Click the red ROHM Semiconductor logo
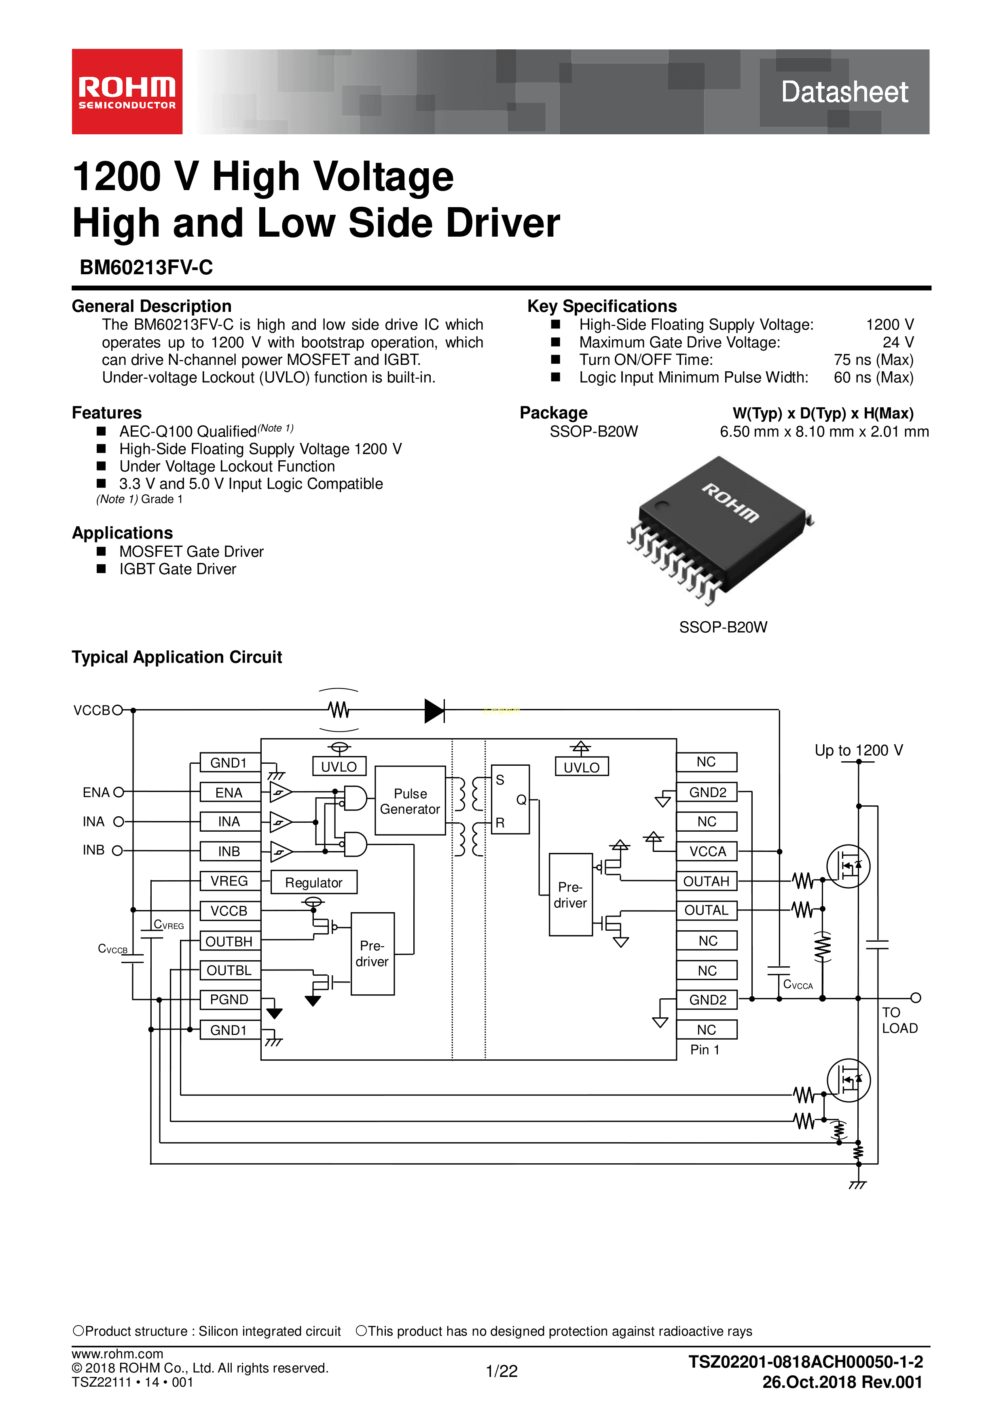(127, 91)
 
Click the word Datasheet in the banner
(844, 92)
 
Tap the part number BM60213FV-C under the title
(146, 268)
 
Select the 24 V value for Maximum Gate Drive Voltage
(897, 342)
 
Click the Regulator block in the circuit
(314, 883)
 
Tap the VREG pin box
(229, 881)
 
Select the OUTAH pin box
(707, 881)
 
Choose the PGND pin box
(229, 1000)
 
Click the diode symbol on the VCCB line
(434, 711)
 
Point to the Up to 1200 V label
(858, 750)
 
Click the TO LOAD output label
(899, 1021)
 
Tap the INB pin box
(229, 851)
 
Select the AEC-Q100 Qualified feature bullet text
(188, 431)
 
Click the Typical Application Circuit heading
(177, 657)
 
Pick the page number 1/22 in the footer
(501, 1371)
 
